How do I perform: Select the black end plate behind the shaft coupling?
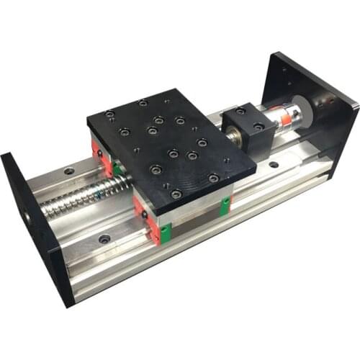click(317, 86)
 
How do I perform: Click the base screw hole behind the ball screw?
click(69, 171)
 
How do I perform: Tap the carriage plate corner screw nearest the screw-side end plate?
click(109, 114)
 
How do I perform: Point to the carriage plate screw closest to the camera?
click(176, 194)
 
